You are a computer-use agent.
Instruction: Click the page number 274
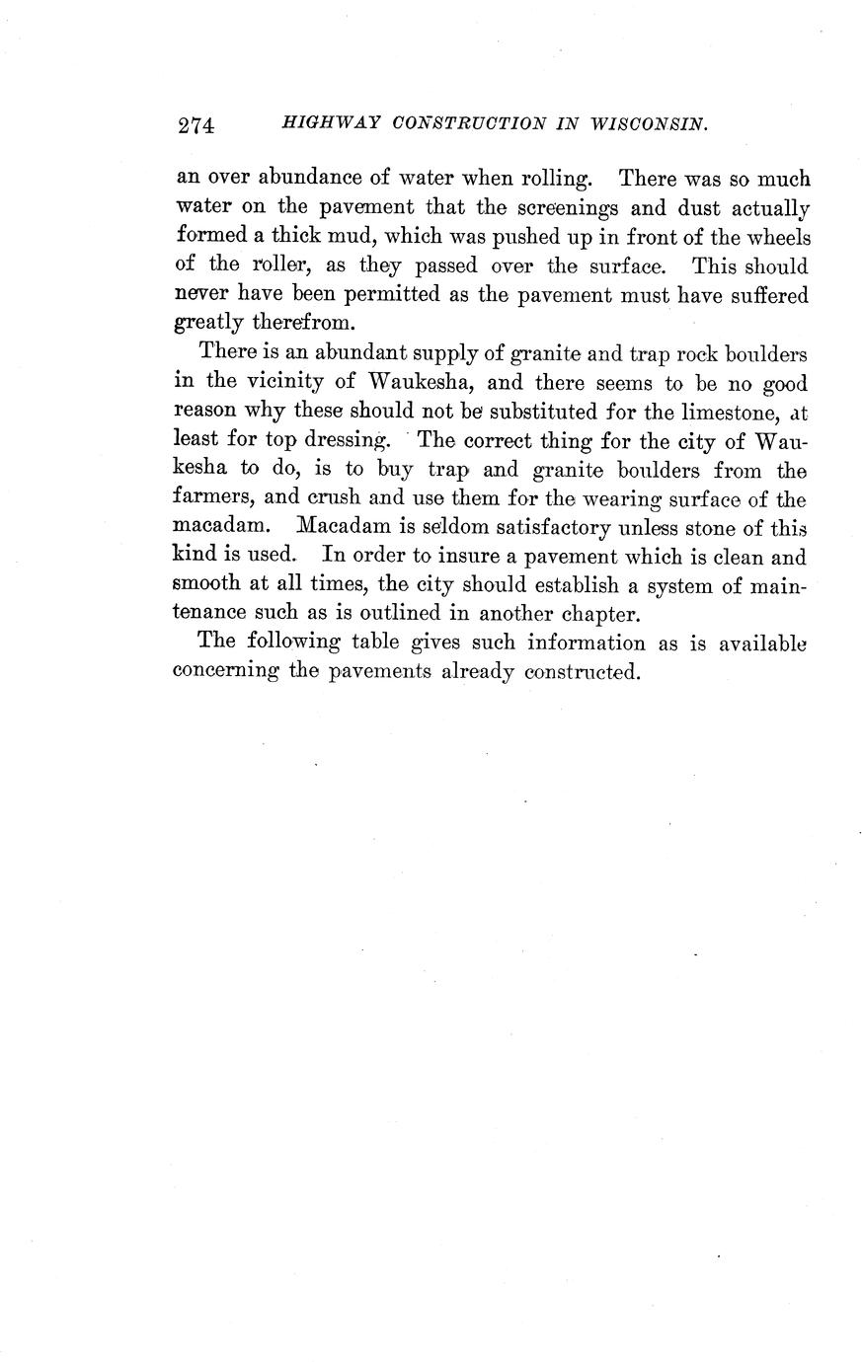tap(196, 125)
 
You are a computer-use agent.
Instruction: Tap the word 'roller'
tap(287, 266)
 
